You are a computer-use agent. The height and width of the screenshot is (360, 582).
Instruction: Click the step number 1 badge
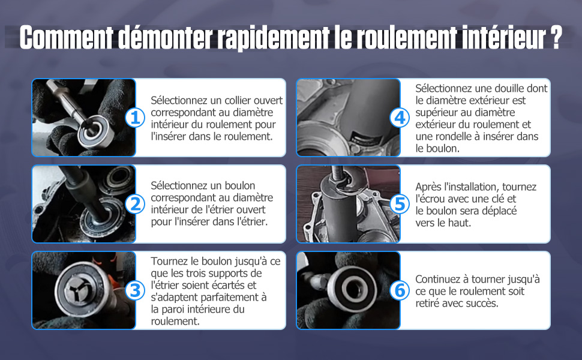pyautogui.click(x=135, y=118)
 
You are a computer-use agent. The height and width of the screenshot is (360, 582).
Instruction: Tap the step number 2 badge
pyautogui.click(x=135, y=204)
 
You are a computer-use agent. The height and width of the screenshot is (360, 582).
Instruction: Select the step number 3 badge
pyautogui.click(x=135, y=290)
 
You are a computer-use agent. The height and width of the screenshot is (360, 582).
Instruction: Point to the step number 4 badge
pyautogui.click(x=400, y=118)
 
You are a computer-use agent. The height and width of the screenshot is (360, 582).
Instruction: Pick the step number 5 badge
pyautogui.click(x=400, y=204)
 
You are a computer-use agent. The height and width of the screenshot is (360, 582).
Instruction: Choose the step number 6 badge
pyautogui.click(x=400, y=290)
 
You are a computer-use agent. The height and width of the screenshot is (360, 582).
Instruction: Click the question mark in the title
pyautogui.click(x=556, y=37)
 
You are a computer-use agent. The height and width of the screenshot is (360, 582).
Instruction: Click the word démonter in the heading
pyautogui.click(x=165, y=37)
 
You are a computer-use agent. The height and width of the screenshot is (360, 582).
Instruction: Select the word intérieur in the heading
pyautogui.click(x=504, y=37)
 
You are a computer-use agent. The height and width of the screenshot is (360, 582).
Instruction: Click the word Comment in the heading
pyautogui.click(x=67, y=37)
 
